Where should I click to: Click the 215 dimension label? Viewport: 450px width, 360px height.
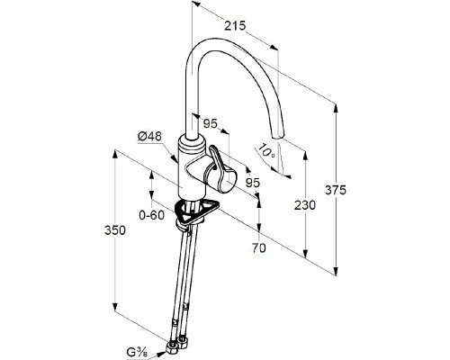[x=235, y=26]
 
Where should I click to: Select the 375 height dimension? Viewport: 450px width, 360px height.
[x=336, y=190]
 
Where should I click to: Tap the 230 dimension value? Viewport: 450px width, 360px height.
[x=305, y=205]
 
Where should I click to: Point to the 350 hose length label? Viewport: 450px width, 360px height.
[x=115, y=230]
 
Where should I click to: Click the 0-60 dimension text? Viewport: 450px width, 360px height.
[x=152, y=215]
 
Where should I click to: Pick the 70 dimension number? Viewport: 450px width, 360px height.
[x=258, y=247]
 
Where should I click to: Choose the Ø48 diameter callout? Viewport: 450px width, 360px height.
[x=149, y=137]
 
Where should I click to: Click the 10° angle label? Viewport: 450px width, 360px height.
[x=267, y=150]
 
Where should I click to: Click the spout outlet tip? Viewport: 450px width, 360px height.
[x=277, y=135]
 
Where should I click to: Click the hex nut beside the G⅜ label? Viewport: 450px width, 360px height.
[x=170, y=349]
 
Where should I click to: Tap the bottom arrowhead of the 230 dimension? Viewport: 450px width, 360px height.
[x=305, y=254]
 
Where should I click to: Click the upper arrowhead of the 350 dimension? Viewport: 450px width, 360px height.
[x=114, y=156]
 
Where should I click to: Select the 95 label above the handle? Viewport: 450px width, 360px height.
[x=211, y=123]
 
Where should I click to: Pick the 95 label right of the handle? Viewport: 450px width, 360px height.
[x=253, y=183]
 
